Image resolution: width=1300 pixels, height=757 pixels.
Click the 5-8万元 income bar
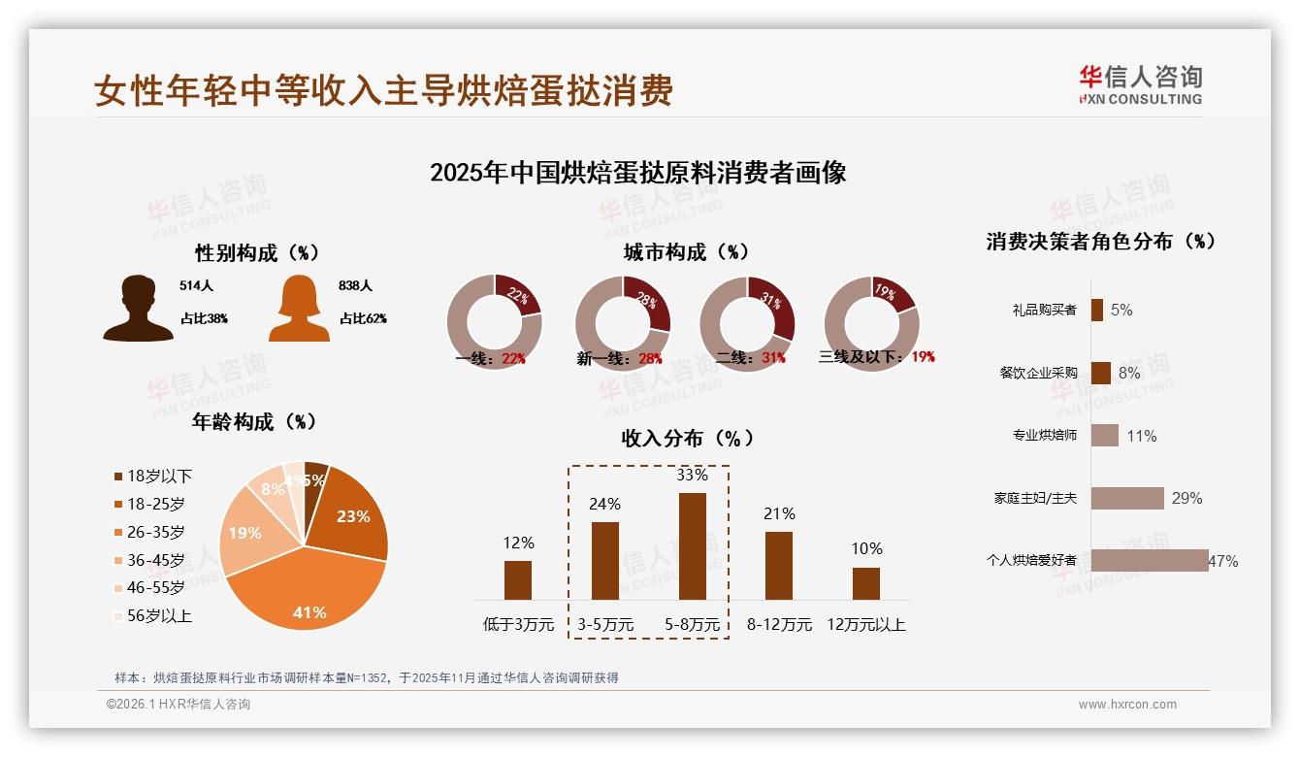coord(692,545)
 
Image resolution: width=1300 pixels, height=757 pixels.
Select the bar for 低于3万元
coord(518,579)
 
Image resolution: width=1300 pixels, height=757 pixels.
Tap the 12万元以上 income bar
coord(865,583)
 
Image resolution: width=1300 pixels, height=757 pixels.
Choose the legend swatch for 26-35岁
coord(118,532)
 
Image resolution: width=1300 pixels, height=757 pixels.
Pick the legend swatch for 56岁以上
coord(118,615)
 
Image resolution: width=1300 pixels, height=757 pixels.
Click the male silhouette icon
coord(138,308)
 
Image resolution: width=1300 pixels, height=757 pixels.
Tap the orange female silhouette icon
coord(298,309)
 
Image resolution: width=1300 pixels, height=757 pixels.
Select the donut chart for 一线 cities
coord(494,322)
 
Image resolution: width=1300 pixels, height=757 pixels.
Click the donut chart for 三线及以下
coord(871,322)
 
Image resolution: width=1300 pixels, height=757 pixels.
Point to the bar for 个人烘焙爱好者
coord(1150,560)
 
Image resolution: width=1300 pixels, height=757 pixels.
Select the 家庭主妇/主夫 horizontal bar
coord(1127,498)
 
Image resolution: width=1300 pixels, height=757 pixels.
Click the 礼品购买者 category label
coord(1044,311)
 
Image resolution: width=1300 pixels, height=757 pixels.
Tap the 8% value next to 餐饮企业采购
coord(1129,373)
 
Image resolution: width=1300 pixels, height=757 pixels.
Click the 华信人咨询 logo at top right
coord(1140,84)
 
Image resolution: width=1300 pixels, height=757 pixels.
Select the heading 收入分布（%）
coord(688,438)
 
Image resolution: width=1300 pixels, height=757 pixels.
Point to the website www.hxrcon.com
coord(1127,705)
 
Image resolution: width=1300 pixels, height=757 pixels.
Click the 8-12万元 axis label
coord(779,625)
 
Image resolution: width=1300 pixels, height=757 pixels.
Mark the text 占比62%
coord(363,318)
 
